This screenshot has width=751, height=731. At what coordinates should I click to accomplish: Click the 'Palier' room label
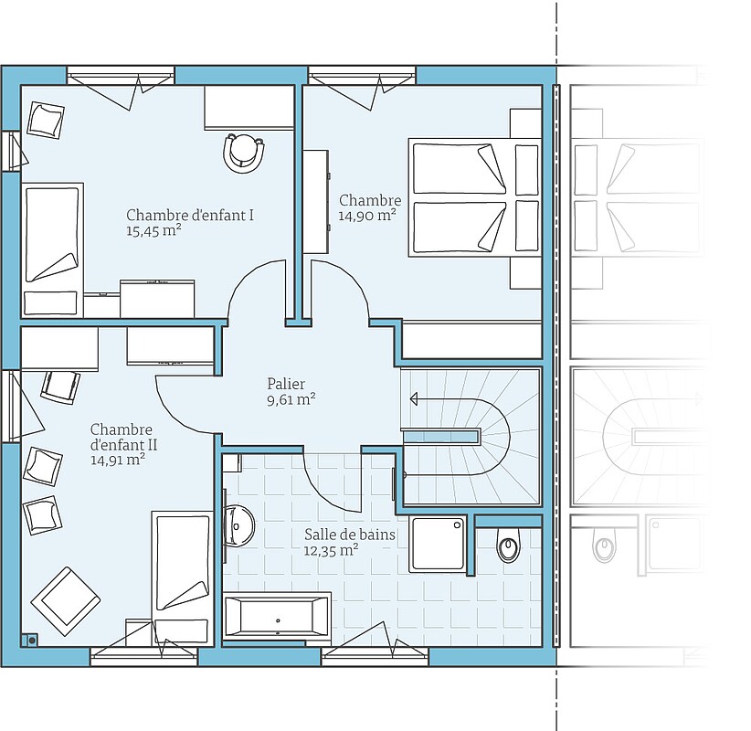point(286,384)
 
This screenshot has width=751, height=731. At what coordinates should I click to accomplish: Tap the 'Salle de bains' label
point(350,535)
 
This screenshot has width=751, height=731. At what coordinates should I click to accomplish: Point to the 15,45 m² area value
point(153,231)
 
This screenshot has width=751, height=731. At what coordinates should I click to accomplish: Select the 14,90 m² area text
point(367,216)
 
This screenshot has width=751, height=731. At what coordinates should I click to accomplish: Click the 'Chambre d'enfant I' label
point(190,215)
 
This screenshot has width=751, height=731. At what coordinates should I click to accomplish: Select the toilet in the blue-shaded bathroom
point(508,545)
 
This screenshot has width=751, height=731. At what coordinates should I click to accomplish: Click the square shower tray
point(438,545)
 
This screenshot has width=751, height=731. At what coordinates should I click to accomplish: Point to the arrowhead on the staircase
point(414,398)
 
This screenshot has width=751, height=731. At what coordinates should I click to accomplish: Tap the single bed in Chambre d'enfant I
point(52,250)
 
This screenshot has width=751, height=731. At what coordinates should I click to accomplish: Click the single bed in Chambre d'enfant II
point(183,578)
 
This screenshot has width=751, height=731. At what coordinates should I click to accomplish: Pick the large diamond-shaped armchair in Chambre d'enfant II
point(66,601)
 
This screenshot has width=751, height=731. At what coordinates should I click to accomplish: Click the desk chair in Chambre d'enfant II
point(60,387)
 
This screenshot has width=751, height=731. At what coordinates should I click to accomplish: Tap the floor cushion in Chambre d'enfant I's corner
point(46,121)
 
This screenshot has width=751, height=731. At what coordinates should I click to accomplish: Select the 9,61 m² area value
point(291,399)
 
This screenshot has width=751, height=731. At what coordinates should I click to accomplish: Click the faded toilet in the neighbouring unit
point(604,545)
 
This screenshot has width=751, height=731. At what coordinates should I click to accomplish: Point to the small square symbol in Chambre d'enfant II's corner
point(31,640)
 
